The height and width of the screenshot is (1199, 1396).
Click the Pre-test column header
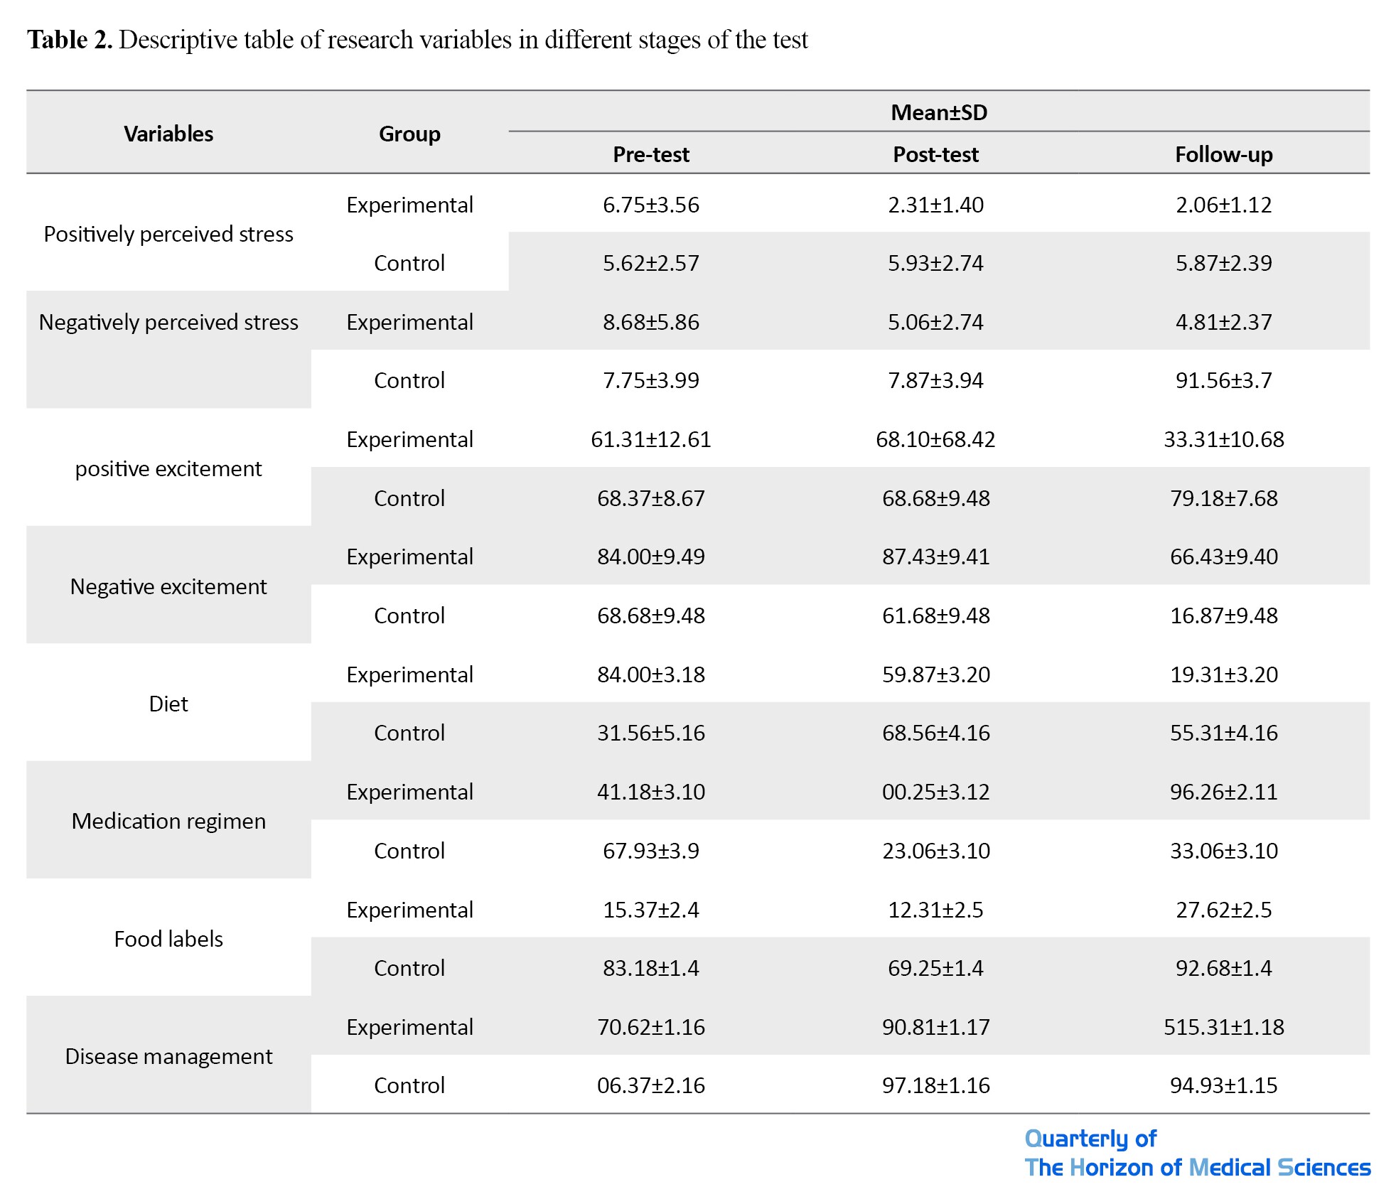(650, 154)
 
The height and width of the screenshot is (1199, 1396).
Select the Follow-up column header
(1223, 154)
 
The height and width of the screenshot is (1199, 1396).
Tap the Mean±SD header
(939, 112)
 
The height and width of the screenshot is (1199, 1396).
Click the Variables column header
(168, 134)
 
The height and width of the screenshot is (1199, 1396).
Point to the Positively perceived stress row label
(168, 234)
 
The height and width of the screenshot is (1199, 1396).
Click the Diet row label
(168, 704)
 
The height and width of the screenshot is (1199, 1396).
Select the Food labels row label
(168, 939)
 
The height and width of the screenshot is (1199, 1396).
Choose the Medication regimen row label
(168, 821)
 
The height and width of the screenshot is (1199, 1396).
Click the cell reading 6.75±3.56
(650, 205)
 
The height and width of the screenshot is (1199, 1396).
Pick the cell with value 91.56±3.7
(1223, 380)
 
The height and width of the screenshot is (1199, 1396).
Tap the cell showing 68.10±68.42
(935, 439)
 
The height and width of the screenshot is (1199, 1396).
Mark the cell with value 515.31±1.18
(1223, 1027)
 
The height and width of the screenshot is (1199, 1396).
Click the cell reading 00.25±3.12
(935, 792)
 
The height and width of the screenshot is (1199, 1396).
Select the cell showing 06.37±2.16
(650, 1085)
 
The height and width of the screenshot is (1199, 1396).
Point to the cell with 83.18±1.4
(650, 968)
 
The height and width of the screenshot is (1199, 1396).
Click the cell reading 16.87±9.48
(1223, 615)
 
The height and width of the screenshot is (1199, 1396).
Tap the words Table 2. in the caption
(70, 40)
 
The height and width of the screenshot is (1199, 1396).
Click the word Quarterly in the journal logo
(1078, 1139)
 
